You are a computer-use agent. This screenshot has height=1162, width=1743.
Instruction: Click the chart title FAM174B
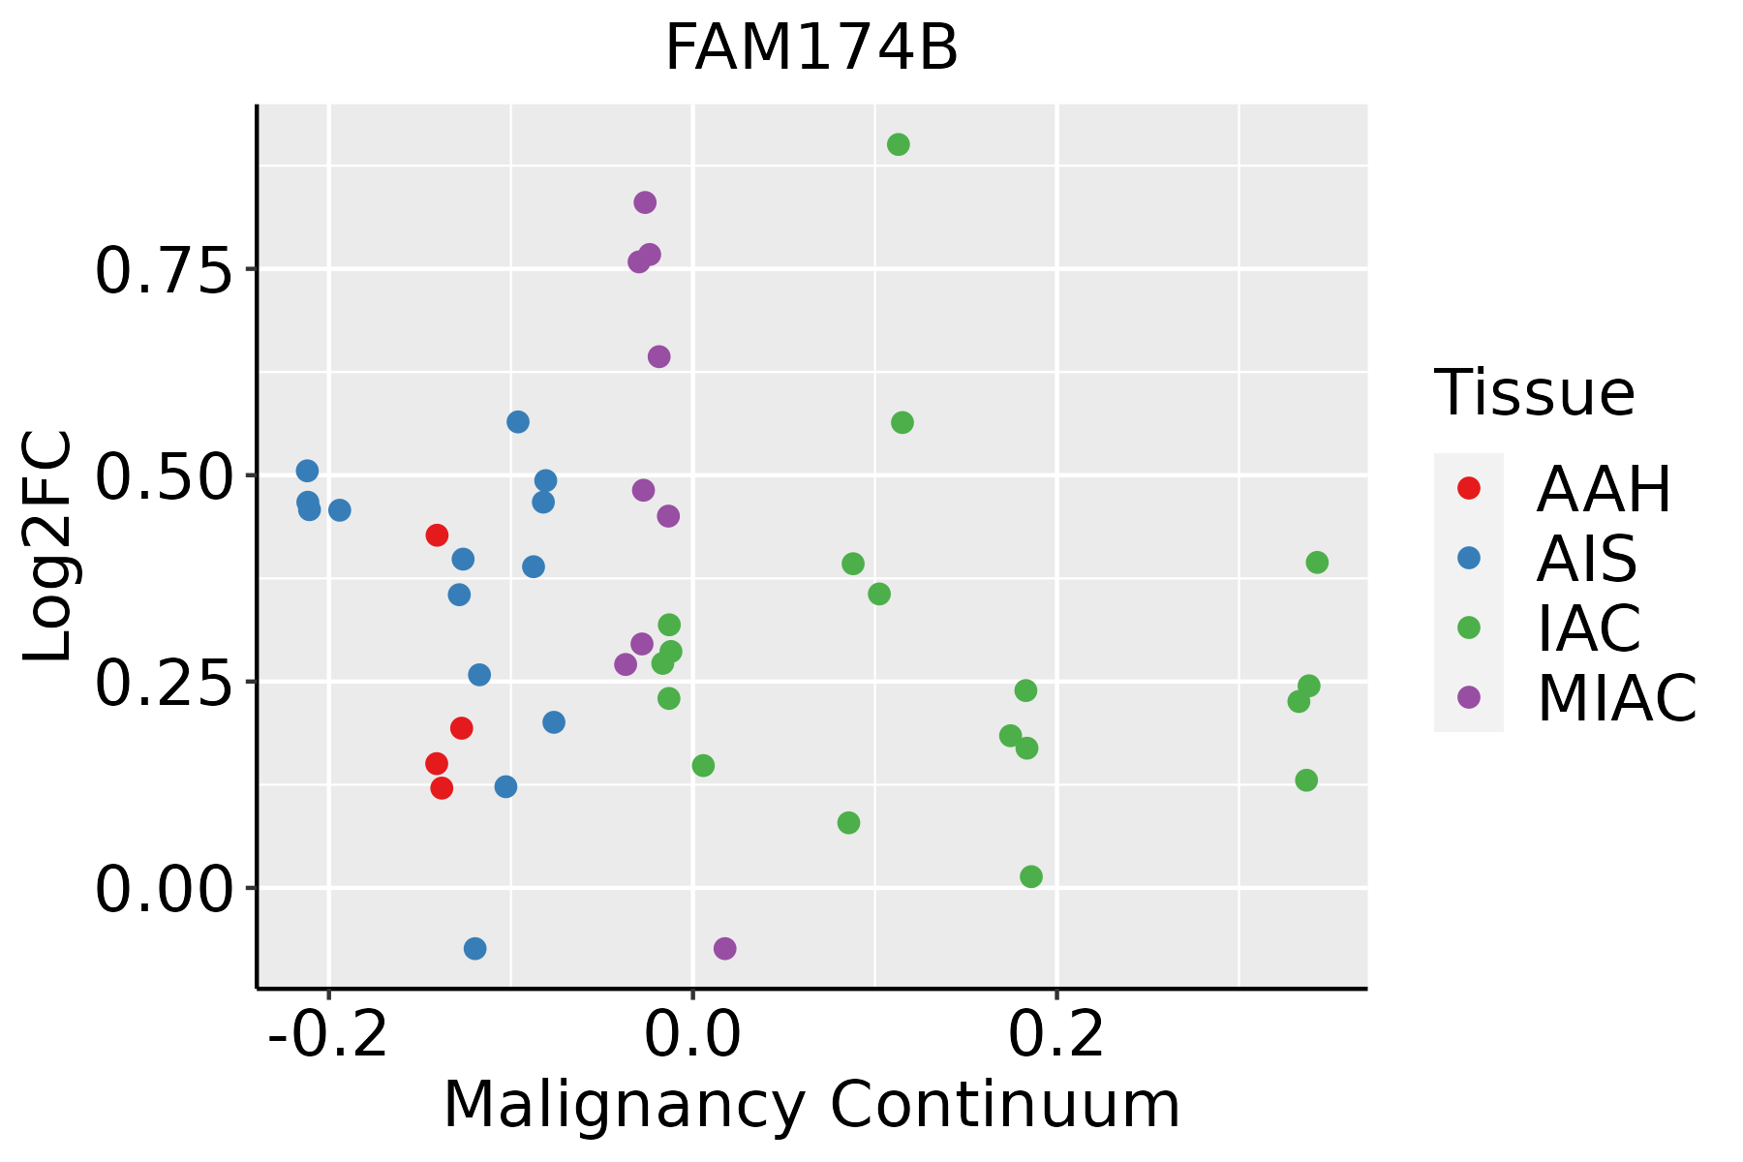pos(811,48)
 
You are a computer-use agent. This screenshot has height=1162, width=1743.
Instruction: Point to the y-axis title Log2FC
pos(48,546)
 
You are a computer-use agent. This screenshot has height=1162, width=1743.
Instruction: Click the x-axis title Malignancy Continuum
pos(811,1104)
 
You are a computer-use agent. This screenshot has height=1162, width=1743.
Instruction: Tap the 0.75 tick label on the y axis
pos(165,270)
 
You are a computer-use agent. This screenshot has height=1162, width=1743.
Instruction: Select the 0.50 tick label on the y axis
pos(165,476)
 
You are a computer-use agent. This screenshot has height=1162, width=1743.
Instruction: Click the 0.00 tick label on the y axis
pos(165,890)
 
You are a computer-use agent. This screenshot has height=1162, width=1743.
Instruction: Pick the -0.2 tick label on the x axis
pos(328,1035)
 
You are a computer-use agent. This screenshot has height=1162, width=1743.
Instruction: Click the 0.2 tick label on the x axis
pos(1056,1035)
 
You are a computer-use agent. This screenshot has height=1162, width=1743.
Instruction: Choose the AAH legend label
pos(1604,489)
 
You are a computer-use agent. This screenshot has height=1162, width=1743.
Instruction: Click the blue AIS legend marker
pos(1469,558)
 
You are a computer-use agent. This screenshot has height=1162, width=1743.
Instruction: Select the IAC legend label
pos(1589,627)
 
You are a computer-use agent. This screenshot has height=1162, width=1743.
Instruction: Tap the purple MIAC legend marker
pos(1469,697)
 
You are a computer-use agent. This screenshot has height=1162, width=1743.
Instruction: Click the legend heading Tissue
pos(1535,393)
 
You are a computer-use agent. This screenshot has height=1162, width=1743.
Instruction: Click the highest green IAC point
pos(899,144)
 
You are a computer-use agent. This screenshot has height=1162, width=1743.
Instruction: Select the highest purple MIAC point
pos(645,202)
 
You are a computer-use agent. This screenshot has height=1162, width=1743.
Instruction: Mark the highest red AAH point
pos(437,535)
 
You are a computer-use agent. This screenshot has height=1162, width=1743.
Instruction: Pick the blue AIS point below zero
pos(474,948)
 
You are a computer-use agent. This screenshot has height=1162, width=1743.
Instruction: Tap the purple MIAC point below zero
pos(724,948)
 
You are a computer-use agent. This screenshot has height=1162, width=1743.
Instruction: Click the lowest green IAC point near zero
pos(1031,876)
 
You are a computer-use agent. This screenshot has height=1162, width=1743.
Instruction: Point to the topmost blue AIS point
pos(518,421)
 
